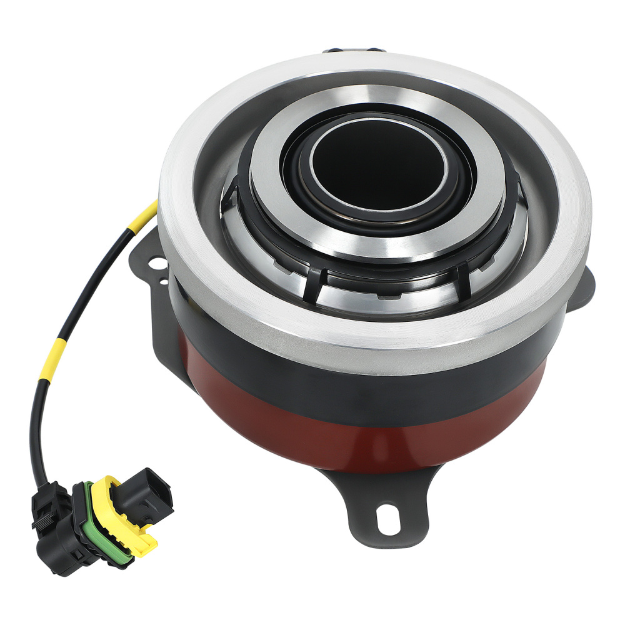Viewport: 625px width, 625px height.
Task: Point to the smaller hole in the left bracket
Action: tap(164, 282)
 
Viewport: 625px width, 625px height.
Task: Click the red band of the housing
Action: tap(350, 431)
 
